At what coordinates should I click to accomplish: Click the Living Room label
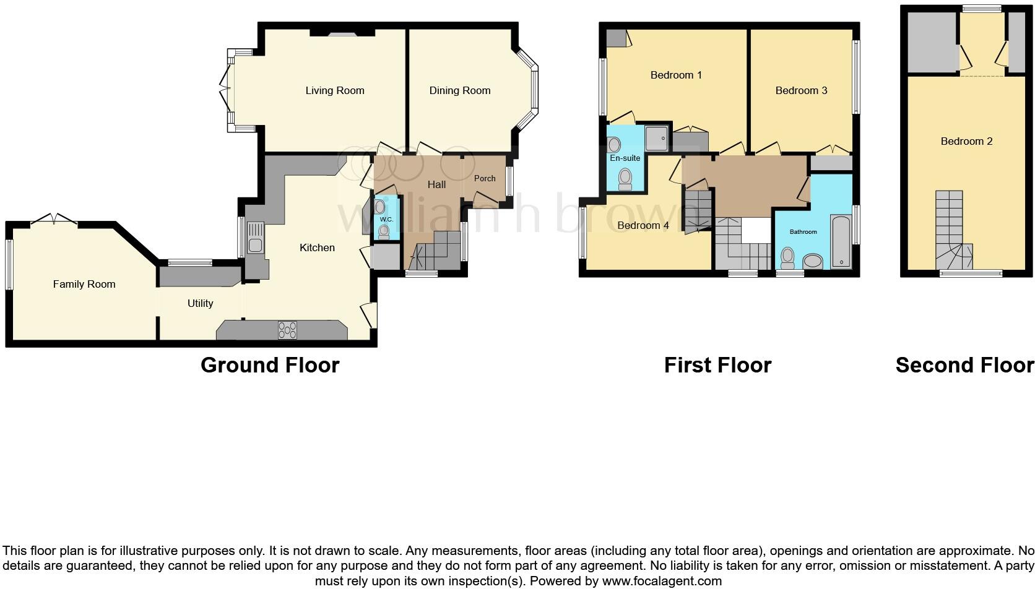(x=334, y=90)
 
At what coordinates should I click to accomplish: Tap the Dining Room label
(x=459, y=90)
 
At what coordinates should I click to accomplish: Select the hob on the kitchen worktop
(x=287, y=330)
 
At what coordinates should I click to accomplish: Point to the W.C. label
(x=386, y=220)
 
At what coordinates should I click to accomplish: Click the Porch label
(x=484, y=178)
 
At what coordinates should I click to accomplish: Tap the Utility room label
(x=200, y=303)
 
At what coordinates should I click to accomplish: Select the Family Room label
(x=84, y=284)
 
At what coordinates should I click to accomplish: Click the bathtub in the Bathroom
(x=841, y=241)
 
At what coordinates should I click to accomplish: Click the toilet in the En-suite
(x=625, y=178)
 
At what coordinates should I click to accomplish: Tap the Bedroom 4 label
(x=643, y=225)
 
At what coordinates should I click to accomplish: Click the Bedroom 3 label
(x=801, y=90)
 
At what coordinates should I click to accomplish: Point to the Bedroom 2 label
(x=966, y=141)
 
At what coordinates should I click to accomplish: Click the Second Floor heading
(x=964, y=365)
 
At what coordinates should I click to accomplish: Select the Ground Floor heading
(x=270, y=365)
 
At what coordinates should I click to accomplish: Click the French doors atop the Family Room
(x=54, y=219)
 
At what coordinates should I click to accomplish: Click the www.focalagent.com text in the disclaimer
(x=661, y=581)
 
